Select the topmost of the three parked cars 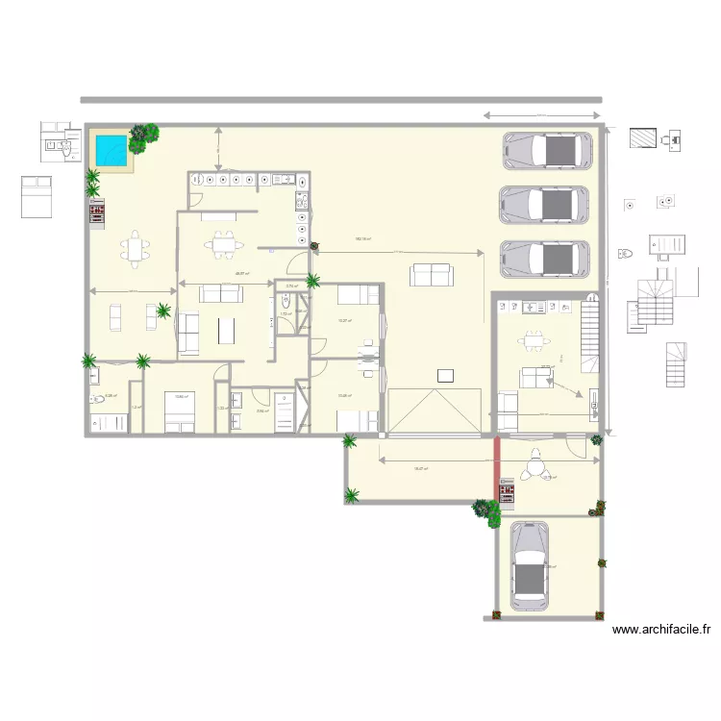545,150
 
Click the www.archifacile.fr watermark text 661,631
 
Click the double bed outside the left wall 37,197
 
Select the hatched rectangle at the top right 643,137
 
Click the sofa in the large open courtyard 430,275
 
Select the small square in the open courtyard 444,375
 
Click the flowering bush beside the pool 143,137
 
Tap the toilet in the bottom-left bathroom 97,399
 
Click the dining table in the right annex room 532,340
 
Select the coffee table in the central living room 227,330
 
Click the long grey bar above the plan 341,100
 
